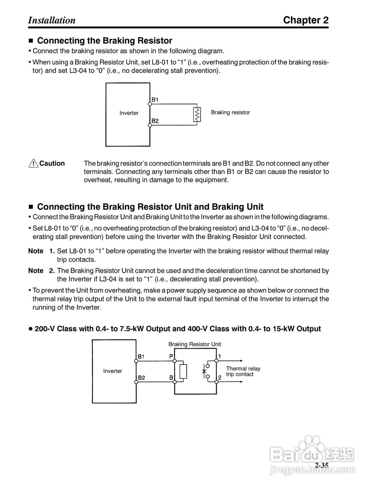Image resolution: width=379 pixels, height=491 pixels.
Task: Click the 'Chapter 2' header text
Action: coord(306,20)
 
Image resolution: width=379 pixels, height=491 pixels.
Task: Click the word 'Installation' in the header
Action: coord(52,20)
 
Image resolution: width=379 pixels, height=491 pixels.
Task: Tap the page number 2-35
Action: coord(322,465)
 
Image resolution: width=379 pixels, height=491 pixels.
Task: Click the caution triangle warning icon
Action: coord(34,163)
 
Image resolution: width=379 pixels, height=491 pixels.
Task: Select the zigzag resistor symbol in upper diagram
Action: coord(197,114)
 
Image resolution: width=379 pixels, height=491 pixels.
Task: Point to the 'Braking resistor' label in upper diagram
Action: coord(230,112)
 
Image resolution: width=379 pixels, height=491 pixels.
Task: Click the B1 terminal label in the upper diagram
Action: coord(155,100)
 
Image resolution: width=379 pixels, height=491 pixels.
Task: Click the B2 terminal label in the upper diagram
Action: coord(155,120)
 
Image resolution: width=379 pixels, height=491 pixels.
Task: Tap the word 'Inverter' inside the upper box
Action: coord(129,113)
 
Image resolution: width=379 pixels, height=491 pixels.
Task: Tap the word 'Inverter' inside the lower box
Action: coord(112,371)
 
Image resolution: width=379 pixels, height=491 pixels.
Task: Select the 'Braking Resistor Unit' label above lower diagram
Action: coord(195,344)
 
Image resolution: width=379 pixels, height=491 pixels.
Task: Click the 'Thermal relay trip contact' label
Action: coord(243,371)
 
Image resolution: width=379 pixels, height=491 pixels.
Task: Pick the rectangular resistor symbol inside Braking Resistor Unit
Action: coord(183,371)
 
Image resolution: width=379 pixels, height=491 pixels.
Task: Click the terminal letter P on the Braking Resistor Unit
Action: coord(171,356)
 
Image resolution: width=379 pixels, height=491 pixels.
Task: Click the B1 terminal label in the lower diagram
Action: coord(141,357)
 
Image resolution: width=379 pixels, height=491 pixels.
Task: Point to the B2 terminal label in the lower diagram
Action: coord(141,377)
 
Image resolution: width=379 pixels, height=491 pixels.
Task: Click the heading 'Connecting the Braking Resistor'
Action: coord(104,41)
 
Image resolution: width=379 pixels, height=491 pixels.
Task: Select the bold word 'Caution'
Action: coord(52,163)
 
